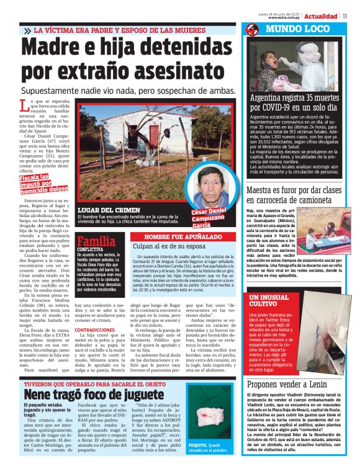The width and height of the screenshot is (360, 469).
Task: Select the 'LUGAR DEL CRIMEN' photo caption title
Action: coord(104,210)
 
